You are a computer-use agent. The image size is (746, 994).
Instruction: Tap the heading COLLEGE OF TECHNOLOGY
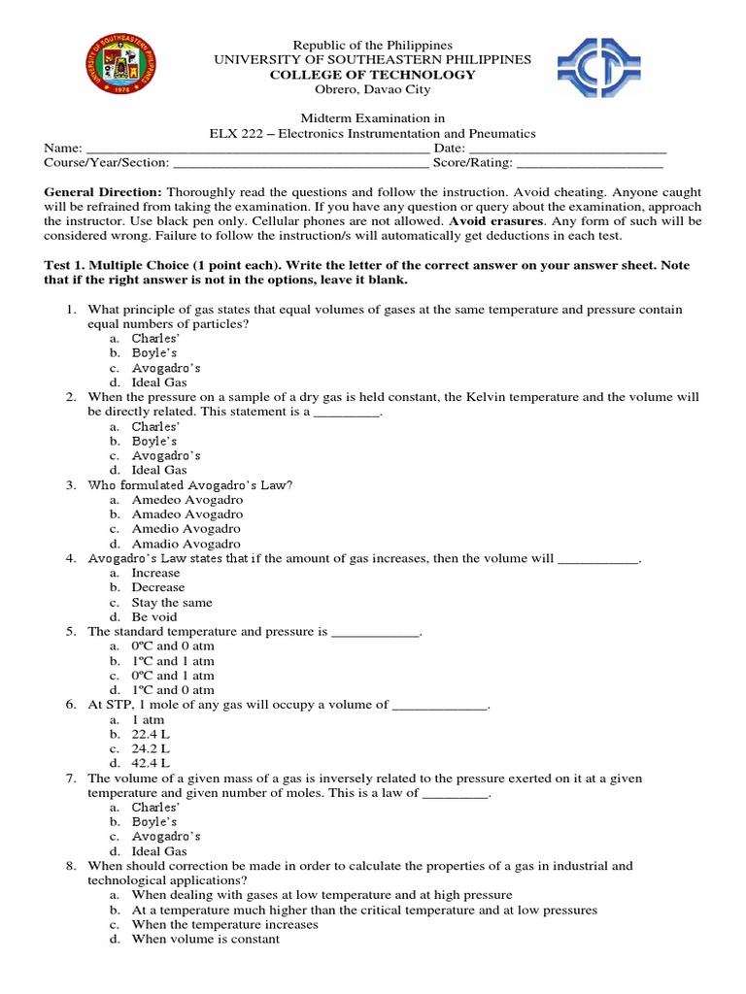pos(373,75)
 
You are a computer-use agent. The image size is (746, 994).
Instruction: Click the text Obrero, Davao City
pos(373,90)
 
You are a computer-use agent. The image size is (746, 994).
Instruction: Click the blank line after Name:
pos(257,149)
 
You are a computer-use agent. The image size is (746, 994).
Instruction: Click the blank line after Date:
pos(567,149)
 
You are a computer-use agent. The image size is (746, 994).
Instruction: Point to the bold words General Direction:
pos(103,193)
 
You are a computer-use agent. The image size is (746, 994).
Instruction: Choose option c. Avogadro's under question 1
pos(166,368)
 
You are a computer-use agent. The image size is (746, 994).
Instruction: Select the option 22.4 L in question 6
pos(151,734)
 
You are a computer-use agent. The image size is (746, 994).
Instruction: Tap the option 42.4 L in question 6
pos(151,763)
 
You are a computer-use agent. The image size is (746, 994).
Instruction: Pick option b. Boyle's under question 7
pos(154,821)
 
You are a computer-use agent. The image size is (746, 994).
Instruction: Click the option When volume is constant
pos(206,939)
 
